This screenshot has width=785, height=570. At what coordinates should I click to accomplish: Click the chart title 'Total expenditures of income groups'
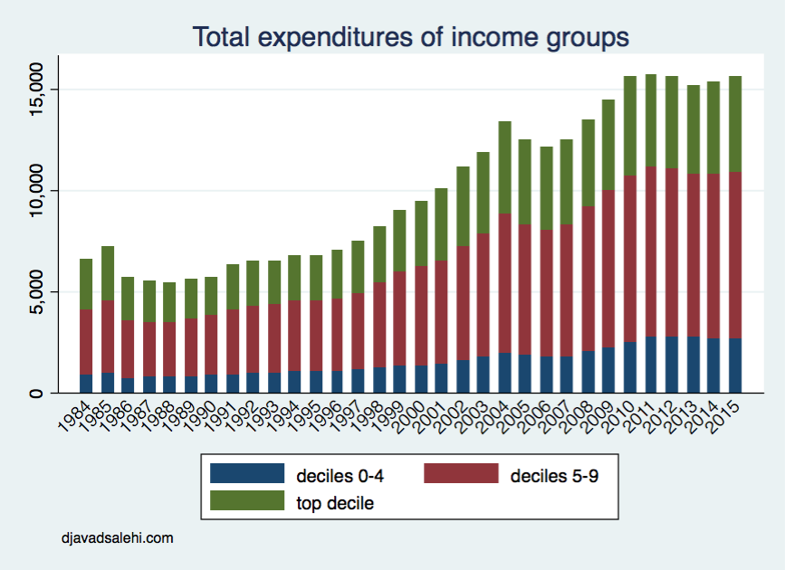tap(410, 37)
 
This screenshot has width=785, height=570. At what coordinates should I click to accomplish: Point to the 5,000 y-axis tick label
tap(35, 291)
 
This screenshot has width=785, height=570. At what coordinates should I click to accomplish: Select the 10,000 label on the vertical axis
tap(35, 190)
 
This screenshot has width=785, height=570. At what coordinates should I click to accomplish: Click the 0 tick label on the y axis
tap(35, 393)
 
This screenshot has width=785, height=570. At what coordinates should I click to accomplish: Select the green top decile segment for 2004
tap(504, 167)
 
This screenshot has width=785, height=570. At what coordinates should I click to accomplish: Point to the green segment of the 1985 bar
tap(108, 272)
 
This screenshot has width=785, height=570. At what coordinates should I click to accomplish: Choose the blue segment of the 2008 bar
tap(588, 372)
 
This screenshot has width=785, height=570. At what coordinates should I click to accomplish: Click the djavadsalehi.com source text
tap(118, 537)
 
